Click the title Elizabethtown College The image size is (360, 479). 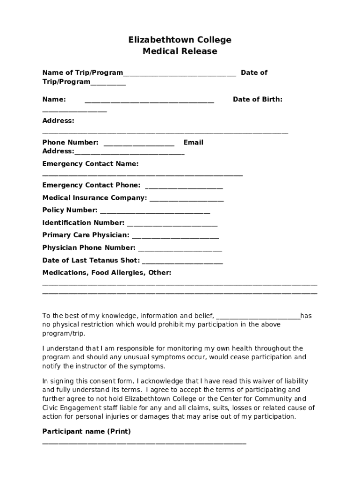(x=180, y=40)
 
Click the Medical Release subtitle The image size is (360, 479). (x=180, y=51)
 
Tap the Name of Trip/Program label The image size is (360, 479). (x=83, y=73)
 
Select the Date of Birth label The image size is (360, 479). (x=258, y=99)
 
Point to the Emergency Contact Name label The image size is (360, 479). (x=90, y=164)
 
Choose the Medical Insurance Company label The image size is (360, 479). (x=94, y=198)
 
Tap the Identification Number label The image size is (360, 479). (x=83, y=223)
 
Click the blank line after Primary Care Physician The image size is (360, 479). (x=175, y=237)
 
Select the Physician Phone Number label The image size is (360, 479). (x=89, y=247)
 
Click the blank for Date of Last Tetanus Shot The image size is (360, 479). (x=182, y=262)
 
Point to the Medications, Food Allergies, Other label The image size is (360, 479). (x=107, y=272)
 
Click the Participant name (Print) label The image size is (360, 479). (x=86, y=431)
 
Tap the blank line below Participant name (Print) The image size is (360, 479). (x=144, y=443)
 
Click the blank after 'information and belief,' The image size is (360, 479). (x=258, y=318)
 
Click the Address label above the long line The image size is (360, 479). (x=58, y=121)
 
